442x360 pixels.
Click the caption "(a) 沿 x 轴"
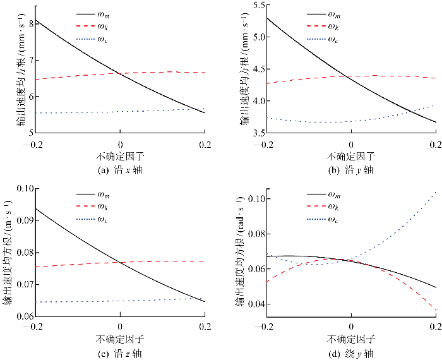pos(120,170)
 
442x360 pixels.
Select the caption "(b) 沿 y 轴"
pos(351,170)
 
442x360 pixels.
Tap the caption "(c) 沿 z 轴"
pos(120,351)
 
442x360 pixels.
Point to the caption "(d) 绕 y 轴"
pos(351,351)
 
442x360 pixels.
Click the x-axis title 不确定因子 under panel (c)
pos(120,338)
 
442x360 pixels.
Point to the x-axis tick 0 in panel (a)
pos(120,143)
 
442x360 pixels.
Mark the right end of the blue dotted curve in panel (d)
pos(436,191)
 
